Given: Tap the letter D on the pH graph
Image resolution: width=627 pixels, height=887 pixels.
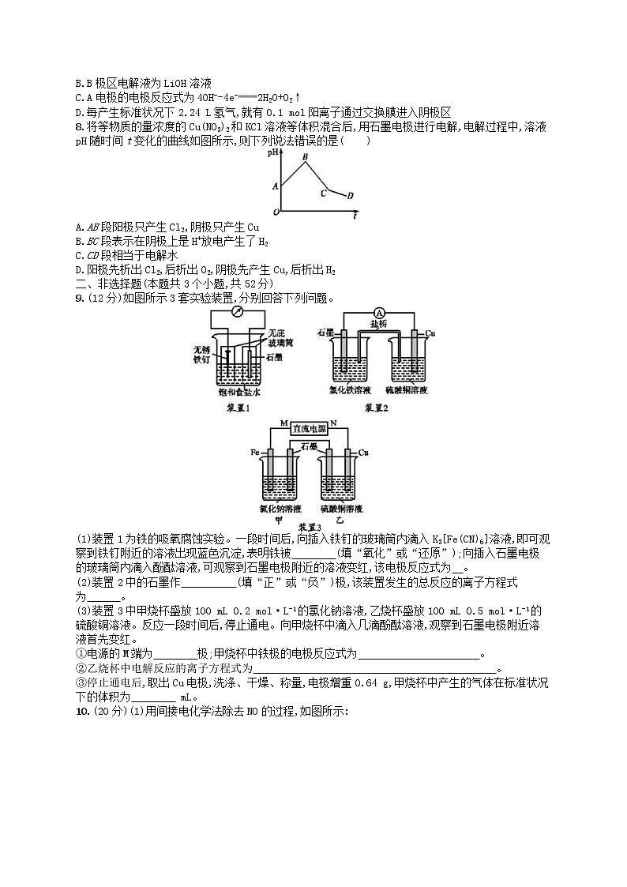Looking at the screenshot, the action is pos(350,195).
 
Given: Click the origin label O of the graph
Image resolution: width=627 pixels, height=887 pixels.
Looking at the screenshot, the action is pos(276,212).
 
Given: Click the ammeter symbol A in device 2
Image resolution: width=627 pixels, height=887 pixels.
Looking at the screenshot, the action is pos(378,313).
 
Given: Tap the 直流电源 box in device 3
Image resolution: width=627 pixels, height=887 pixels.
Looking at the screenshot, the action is pos(310,428).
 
